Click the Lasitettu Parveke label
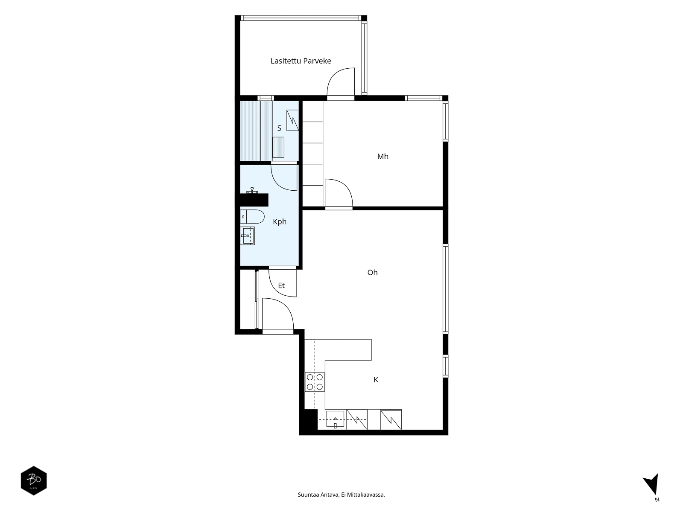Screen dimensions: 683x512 point(301,61)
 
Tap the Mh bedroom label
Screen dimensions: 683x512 point(383,156)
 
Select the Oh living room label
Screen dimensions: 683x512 point(373,272)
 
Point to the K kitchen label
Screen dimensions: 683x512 point(376,380)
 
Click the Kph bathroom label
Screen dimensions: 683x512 point(280,222)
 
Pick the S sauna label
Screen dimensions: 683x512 point(279,128)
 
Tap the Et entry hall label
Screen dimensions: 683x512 point(281,285)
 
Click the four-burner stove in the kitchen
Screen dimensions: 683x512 point(315,382)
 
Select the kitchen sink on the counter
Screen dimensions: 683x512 point(335,419)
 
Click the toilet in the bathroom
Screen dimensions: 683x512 point(252,217)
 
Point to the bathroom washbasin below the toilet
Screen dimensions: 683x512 point(247,236)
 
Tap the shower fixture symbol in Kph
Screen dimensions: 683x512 point(252,191)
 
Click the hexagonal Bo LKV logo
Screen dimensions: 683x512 point(34,480)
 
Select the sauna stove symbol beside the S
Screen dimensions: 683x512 point(292,120)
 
